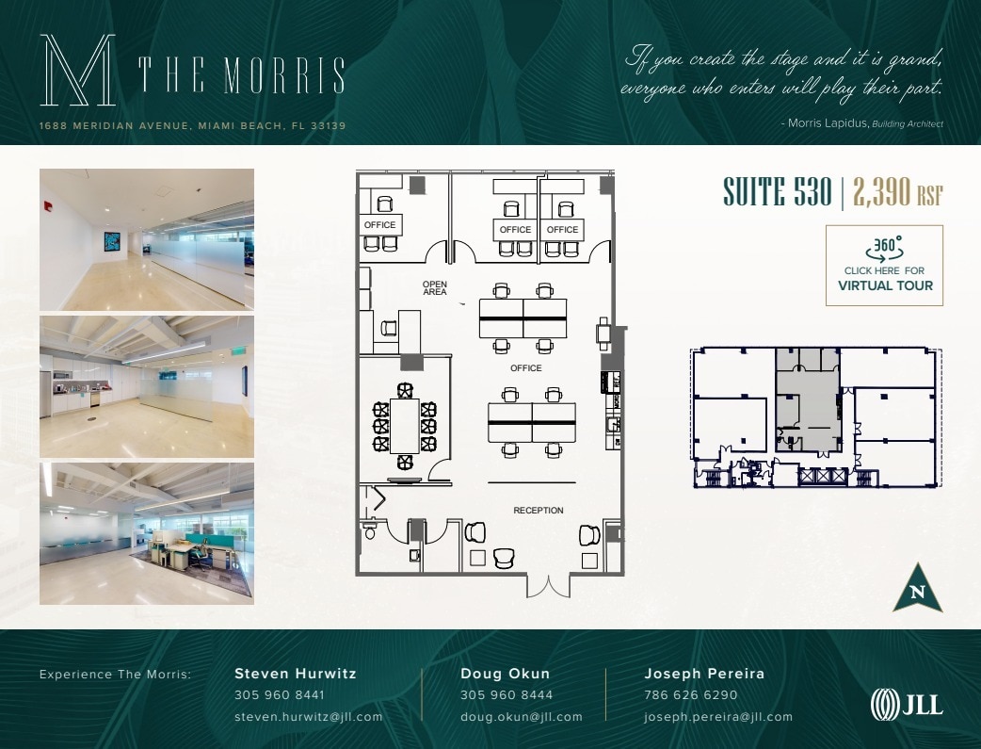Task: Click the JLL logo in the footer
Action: tap(905, 705)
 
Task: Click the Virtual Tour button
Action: tap(884, 266)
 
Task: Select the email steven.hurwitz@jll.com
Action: tap(308, 717)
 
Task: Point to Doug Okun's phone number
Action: tap(507, 695)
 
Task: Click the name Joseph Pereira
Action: tap(704, 674)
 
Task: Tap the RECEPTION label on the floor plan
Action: tap(539, 511)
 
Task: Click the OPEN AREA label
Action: tap(435, 288)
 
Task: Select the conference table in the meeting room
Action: tap(405, 426)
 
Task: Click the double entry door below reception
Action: tap(547, 585)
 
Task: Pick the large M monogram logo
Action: tap(77, 71)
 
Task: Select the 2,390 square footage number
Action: tap(882, 191)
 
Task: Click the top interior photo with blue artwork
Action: tap(146, 239)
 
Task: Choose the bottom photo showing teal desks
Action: tap(146, 532)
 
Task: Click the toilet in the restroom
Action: tap(369, 532)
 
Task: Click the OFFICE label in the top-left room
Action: tap(380, 225)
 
